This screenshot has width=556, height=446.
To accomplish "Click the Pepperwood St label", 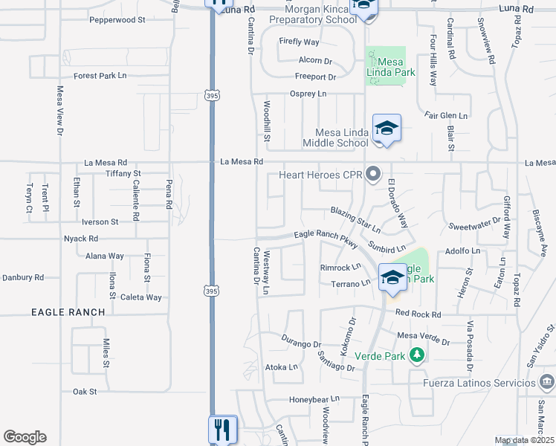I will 117,20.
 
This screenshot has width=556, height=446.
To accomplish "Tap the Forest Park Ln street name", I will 100,76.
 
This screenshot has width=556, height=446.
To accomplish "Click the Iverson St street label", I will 100,222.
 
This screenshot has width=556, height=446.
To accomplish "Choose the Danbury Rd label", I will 23,277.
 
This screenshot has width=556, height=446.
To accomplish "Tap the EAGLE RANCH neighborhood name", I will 68,312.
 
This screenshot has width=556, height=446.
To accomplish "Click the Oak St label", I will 85,391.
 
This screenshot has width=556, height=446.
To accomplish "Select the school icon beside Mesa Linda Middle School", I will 387,129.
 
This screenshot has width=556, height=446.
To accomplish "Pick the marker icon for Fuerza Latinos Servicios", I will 546,383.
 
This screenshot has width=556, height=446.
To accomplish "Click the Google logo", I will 25,437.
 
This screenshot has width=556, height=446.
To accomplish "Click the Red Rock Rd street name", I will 418,314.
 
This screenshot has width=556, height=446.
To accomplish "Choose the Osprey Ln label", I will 308,94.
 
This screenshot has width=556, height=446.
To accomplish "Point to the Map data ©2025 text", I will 524,441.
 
